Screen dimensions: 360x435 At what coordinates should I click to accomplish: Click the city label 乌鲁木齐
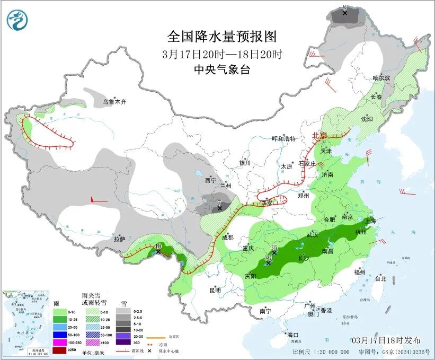point(114,101)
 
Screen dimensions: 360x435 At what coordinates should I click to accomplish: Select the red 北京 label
point(319,135)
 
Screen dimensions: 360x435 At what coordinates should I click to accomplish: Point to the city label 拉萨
point(119,239)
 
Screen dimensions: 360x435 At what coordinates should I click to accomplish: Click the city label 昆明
point(215,290)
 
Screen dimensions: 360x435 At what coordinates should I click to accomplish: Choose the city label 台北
point(380,278)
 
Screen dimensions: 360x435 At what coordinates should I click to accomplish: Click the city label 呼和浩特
point(283,139)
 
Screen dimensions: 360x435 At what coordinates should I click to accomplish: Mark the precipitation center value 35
point(274,247)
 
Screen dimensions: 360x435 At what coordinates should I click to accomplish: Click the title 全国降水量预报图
point(222,37)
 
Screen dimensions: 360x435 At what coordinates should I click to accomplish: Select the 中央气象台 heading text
point(222,70)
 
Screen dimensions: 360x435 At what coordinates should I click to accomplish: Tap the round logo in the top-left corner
point(17,19)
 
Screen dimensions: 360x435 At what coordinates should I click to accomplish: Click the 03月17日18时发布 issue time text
point(386,340)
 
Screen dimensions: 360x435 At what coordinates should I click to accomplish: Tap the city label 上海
point(369,220)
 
